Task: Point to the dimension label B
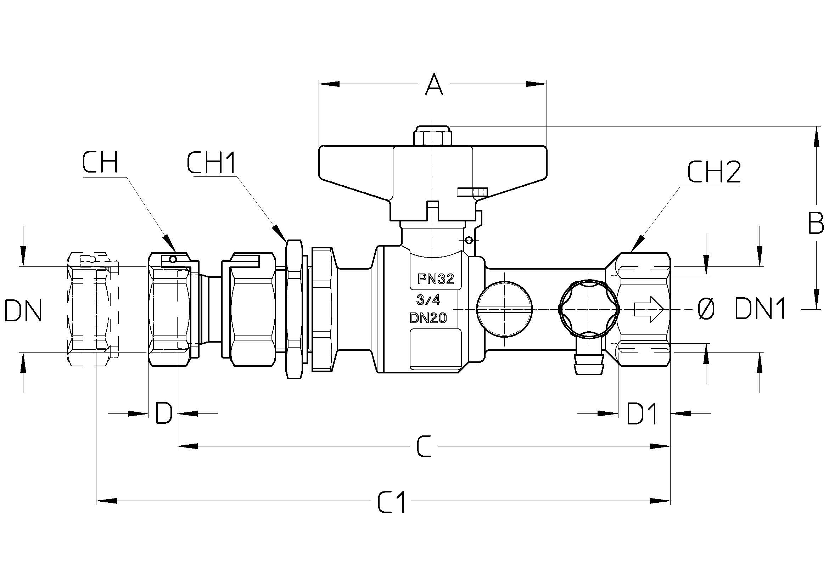tap(815, 223)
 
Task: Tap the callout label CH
tap(100, 163)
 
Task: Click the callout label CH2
tap(714, 172)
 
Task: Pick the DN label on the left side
tap(23, 310)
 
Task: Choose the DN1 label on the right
tap(760, 308)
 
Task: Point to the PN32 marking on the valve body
tap(436, 278)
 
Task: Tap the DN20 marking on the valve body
tap(428, 317)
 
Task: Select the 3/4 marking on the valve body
tap(428, 299)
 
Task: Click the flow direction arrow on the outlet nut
tap(649, 309)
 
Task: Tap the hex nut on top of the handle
tap(432, 136)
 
